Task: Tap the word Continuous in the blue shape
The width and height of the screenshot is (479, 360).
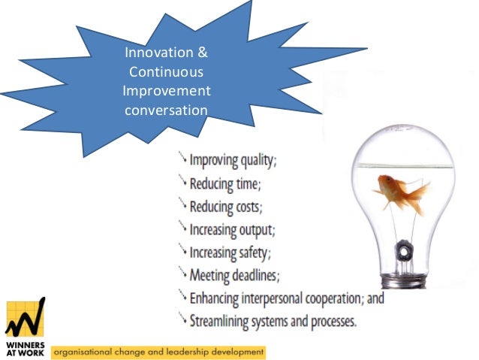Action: click(167, 72)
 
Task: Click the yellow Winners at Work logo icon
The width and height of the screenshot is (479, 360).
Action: click(25, 316)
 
